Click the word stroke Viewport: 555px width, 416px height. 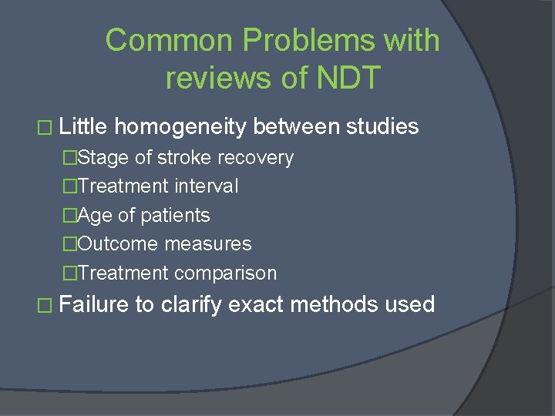click(184, 158)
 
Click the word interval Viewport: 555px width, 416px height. click(206, 186)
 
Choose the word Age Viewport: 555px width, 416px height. click(95, 216)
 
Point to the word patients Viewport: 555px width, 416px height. click(174, 216)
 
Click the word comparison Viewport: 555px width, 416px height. click(225, 273)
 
